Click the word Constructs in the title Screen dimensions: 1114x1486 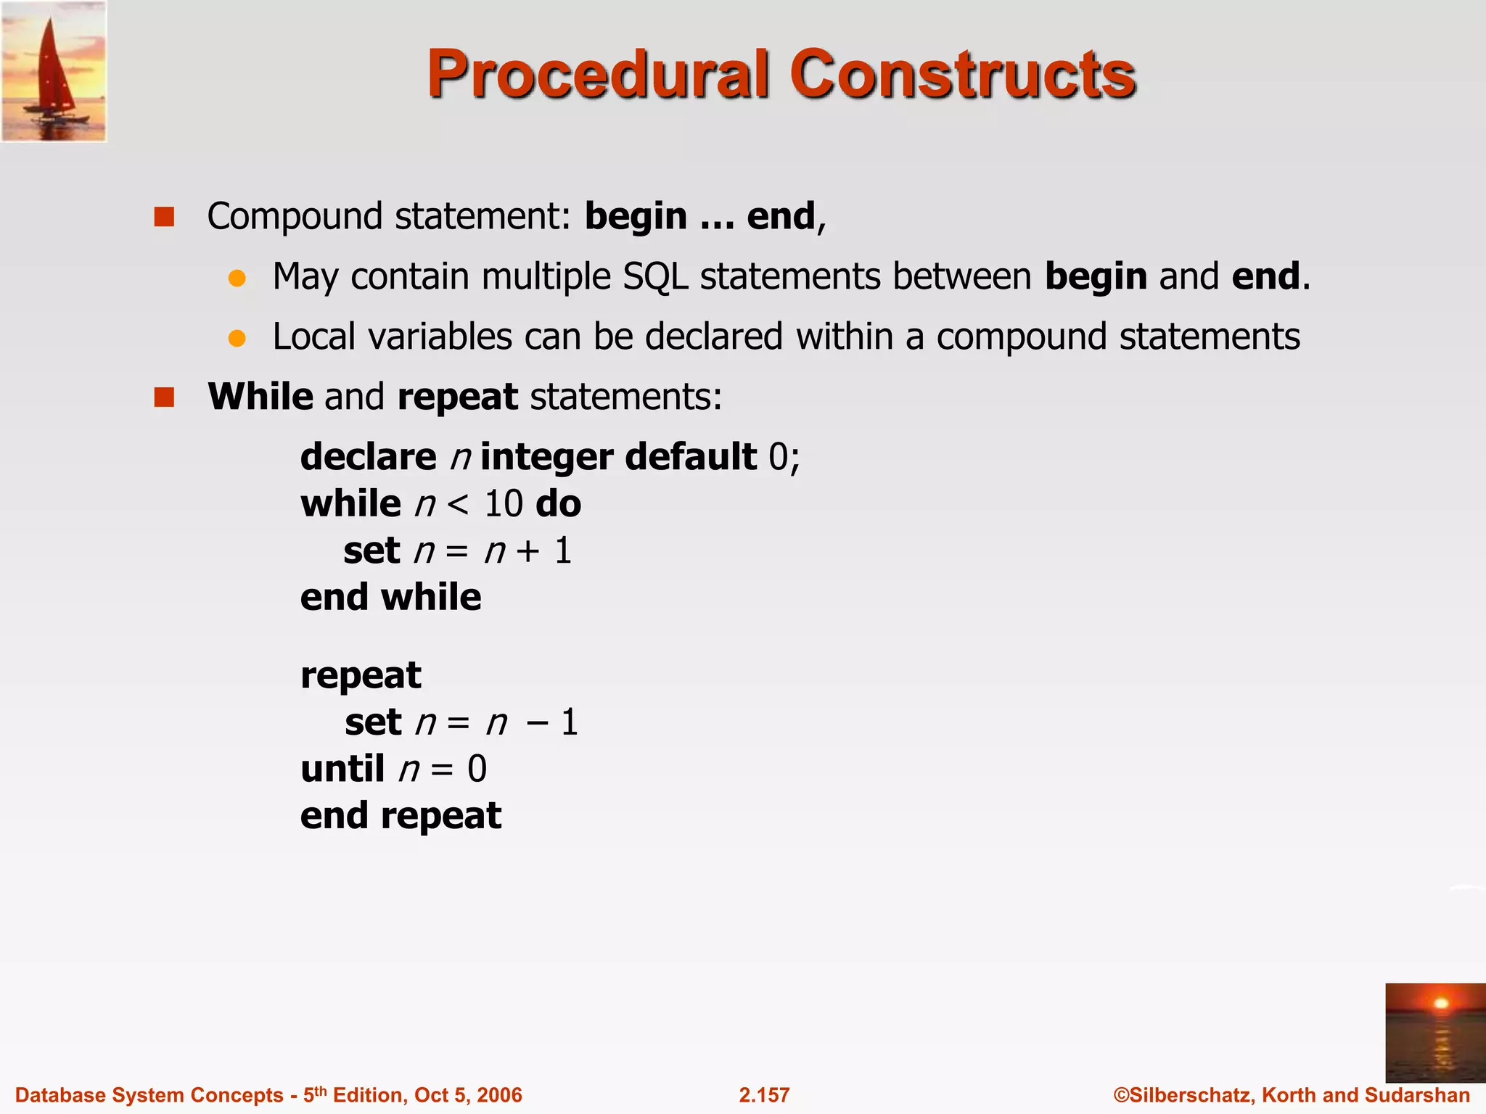962,74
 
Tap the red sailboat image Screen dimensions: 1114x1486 54,71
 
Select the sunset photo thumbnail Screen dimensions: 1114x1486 1434,1033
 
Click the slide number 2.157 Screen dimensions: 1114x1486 764,1095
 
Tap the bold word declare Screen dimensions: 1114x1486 368,457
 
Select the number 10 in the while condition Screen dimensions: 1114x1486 503,503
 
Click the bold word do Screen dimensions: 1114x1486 557,503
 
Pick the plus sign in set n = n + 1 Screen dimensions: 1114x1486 528,551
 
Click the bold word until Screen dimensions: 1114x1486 342,769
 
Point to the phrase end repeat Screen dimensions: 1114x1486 401,816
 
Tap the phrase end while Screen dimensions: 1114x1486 390,598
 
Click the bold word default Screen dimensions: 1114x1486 690,457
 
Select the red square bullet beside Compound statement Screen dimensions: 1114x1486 165,217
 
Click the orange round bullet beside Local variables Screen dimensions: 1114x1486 237,338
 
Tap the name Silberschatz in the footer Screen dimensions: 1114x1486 1190,1095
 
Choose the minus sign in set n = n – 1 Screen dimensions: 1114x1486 537,723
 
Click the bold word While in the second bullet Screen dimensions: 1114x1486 260,397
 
